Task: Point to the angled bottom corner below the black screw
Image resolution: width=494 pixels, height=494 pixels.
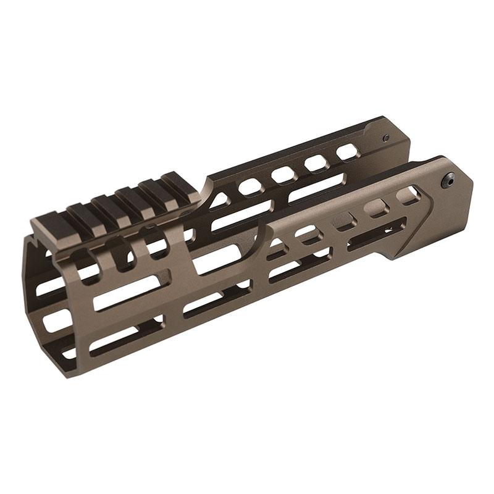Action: tap(396, 258)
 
